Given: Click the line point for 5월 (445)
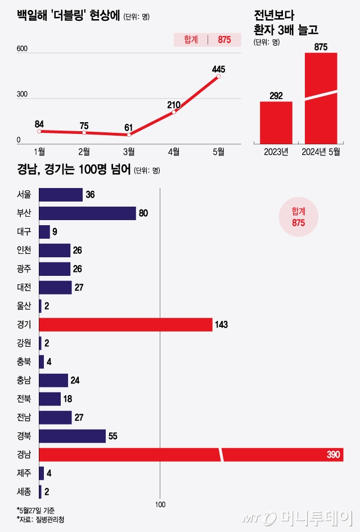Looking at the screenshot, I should tap(218, 77).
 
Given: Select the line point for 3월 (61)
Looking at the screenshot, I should tap(129, 135).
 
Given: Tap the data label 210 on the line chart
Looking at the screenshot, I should tap(174, 104).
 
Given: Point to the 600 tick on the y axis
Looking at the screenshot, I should tap(22, 49).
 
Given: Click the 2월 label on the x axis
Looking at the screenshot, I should tap(84, 151).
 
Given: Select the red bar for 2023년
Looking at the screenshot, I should tap(276, 122).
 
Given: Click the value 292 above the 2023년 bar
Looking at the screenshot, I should tap(276, 96).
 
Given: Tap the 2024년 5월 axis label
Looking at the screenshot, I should tap(321, 151).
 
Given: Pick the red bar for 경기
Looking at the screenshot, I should tap(125, 325).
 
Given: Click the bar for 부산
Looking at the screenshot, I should tap(87, 213).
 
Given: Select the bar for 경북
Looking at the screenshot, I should tap(72, 436).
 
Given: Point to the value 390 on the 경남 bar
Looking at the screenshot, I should tap(334, 455).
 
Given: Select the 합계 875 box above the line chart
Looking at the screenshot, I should tap(206, 40).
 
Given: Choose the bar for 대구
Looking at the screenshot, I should tap(44, 232).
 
